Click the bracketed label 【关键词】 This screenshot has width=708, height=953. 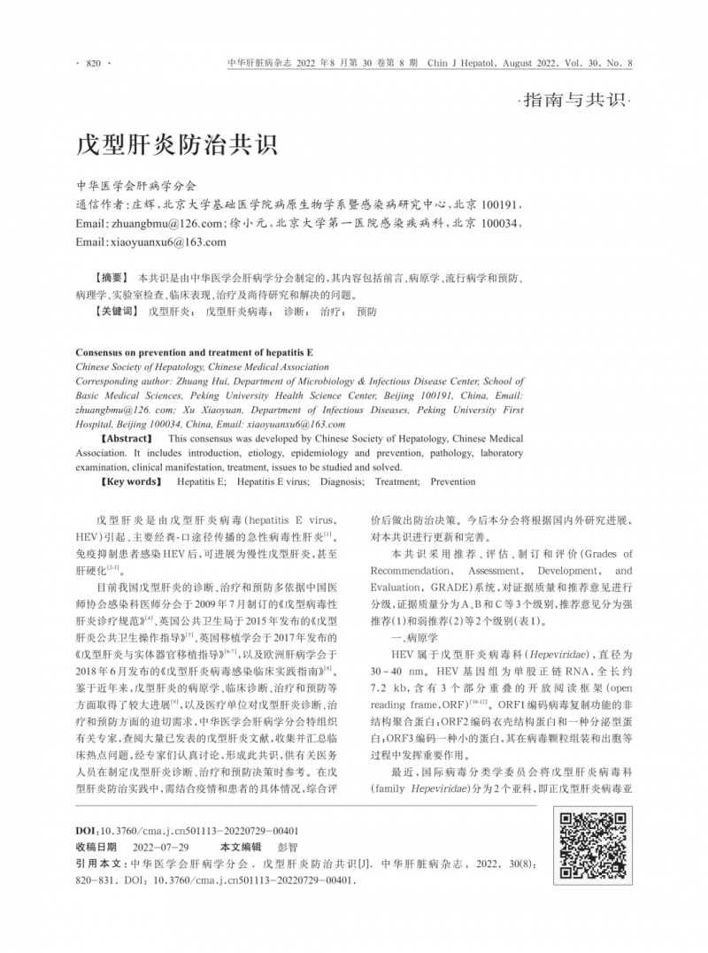tap(116, 311)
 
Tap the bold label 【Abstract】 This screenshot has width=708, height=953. tap(128, 438)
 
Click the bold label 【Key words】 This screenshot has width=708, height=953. tap(133, 482)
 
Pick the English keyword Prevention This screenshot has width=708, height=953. tap(452, 482)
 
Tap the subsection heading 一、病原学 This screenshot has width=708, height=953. tap(401, 636)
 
